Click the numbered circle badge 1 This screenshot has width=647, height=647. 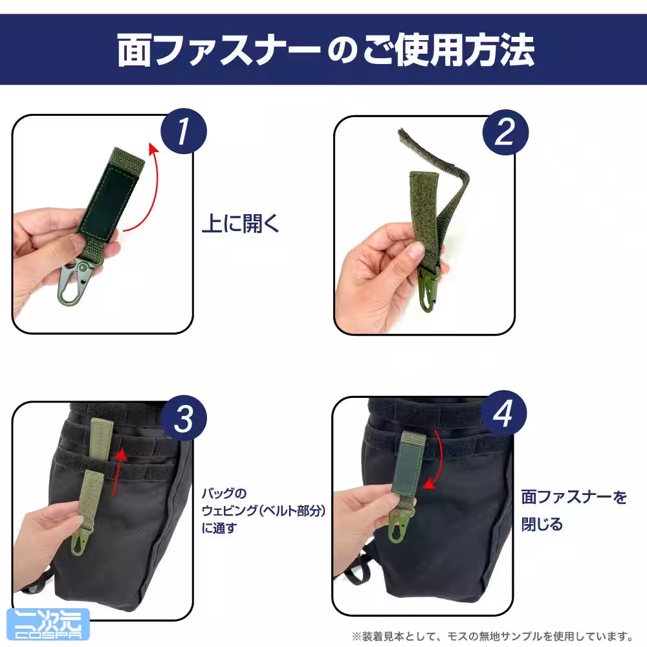tap(184, 131)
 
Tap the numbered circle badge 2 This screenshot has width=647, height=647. tap(505, 133)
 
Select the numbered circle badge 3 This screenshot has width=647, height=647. tap(184, 419)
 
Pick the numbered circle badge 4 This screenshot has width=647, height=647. tap(503, 413)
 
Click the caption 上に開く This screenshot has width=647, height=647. tap(241, 224)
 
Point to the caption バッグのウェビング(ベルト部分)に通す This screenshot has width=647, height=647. tap(263, 511)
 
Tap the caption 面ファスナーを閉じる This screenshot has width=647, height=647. tap(574, 511)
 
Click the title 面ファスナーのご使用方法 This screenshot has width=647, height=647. tap(326, 50)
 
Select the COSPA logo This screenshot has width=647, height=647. tap(49, 624)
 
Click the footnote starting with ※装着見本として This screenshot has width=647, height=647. tap(492, 636)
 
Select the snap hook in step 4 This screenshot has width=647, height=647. tap(398, 524)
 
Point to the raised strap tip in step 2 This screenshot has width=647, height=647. tap(402, 133)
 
